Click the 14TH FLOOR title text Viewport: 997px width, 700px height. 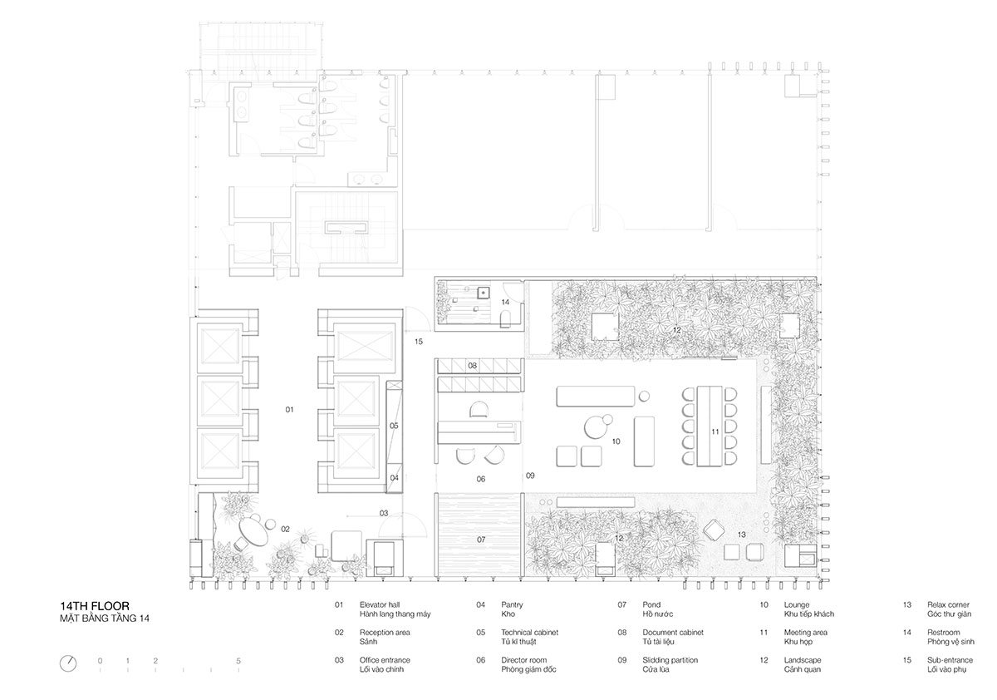pyautogui.click(x=94, y=606)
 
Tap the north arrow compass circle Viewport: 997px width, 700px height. pyautogui.click(x=68, y=663)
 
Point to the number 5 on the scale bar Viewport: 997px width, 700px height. pyautogui.click(x=238, y=661)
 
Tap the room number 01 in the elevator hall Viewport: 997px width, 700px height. pyautogui.click(x=289, y=410)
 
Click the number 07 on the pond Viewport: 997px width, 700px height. pyautogui.click(x=480, y=540)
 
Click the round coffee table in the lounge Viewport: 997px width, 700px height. pyautogui.click(x=597, y=426)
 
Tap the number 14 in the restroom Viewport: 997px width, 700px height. pyautogui.click(x=504, y=302)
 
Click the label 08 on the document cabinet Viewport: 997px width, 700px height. pyautogui.click(x=471, y=366)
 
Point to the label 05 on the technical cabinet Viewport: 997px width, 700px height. pyautogui.click(x=394, y=426)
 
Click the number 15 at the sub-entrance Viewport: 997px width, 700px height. pyautogui.click(x=419, y=342)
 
